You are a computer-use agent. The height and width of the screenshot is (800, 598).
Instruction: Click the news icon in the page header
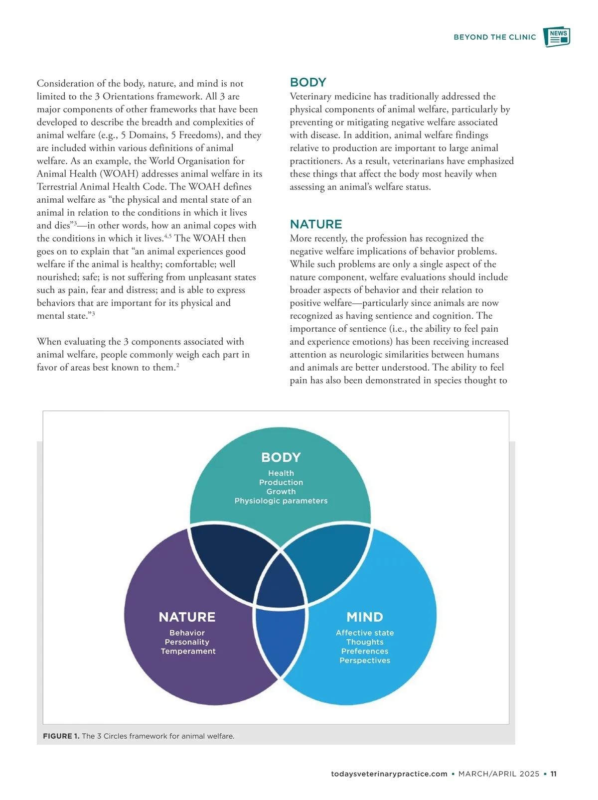[x=557, y=37]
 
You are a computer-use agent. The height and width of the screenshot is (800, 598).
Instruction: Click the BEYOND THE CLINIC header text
[x=494, y=37]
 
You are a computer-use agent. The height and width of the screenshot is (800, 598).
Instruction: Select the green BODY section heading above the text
[x=308, y=82]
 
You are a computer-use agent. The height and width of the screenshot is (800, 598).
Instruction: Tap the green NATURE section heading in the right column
[x=316, y=224]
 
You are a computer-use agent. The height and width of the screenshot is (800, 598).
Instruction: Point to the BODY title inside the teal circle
[x=281, y=457]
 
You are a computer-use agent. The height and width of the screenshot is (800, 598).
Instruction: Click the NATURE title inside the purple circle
[x=187, y=617]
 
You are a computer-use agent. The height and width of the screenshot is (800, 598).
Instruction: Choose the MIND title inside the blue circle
[x=365, y=617]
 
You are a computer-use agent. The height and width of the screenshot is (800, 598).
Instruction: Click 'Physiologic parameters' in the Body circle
[x=281, y=501]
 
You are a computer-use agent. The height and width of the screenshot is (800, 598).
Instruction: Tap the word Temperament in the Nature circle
[x=188, y=651]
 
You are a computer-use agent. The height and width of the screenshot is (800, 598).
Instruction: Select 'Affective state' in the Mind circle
[x=365, y=633]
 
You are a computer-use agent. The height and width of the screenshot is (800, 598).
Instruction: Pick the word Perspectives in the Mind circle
[x=365, y=661]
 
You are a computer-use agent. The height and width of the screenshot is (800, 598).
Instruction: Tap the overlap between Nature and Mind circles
[x=280, y=640]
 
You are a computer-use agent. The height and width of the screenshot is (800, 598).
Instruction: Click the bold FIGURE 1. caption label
[x=61, y=736]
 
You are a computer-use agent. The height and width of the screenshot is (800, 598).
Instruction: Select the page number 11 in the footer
[x=553, y=774]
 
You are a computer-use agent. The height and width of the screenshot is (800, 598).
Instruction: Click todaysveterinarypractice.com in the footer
[x=389, y=774]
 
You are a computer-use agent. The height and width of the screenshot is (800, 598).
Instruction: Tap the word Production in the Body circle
[x=281, y=482]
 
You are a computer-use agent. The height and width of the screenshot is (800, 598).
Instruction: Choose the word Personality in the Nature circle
[x=187, y=642]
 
